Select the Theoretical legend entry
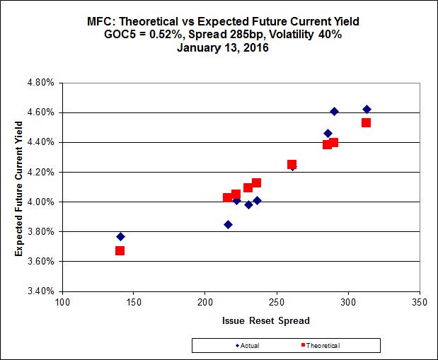pyautogui.click(x=318, y=345)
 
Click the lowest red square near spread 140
pyautogui.click(x=120, y=250)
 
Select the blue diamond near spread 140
pyautogui.click(x=120, y=236)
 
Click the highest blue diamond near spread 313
pyautogui.click(x=367, y=109)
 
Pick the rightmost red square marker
pyautogui.click(x=366, y=123)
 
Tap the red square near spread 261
pyautogui.click(x=292, y=164)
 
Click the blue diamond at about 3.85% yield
pyautogui.click(x=228, y=224)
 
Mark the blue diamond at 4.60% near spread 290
pyautogui.click(x=334, y=112)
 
